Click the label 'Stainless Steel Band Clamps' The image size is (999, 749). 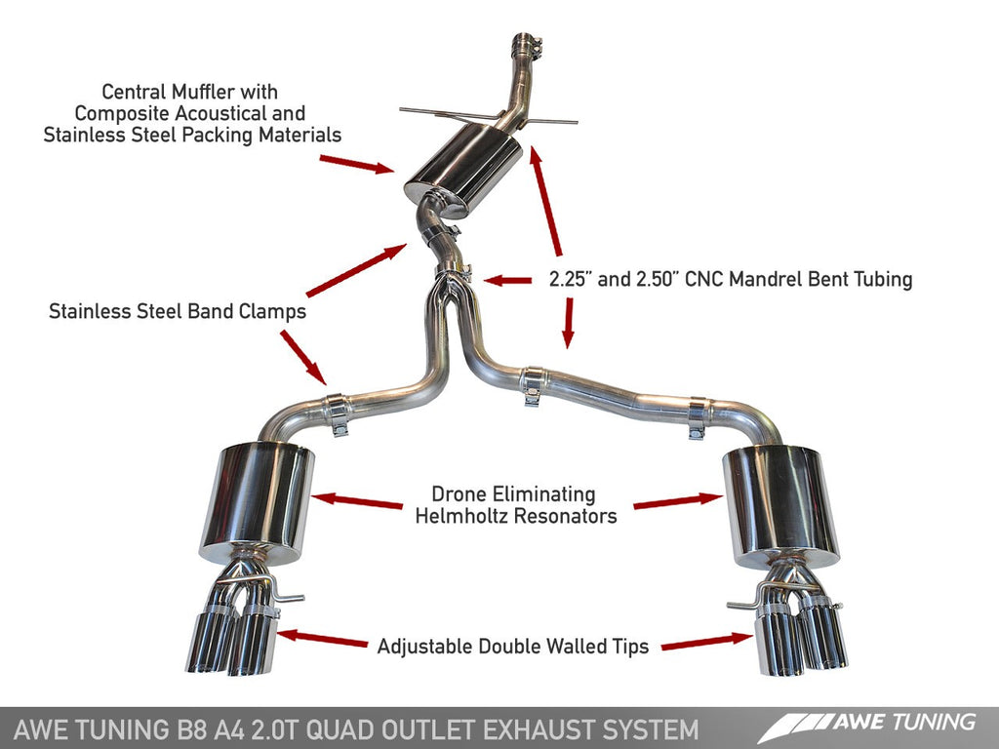(178, 312)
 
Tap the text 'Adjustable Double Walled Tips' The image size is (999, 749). (512, 646)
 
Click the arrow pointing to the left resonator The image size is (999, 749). (357, 500)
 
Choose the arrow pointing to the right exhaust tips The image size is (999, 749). (706, 642)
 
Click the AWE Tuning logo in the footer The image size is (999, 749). (867, 725)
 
